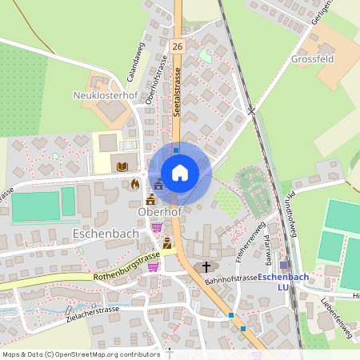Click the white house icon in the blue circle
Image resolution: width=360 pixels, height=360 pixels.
[180, 173]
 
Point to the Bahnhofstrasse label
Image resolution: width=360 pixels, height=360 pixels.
[230, 278]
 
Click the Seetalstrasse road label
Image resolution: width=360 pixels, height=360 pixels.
[176, 92]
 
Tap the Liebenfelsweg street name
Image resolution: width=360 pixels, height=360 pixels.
[337, 323]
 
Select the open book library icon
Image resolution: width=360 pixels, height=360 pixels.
[122, 166]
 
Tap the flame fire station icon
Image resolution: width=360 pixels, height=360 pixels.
[135, 183]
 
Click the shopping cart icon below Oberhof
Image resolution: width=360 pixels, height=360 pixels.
[156, 227]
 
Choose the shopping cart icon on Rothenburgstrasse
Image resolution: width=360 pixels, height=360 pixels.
[152, 267]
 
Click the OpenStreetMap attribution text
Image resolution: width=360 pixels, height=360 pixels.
[81, 354]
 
